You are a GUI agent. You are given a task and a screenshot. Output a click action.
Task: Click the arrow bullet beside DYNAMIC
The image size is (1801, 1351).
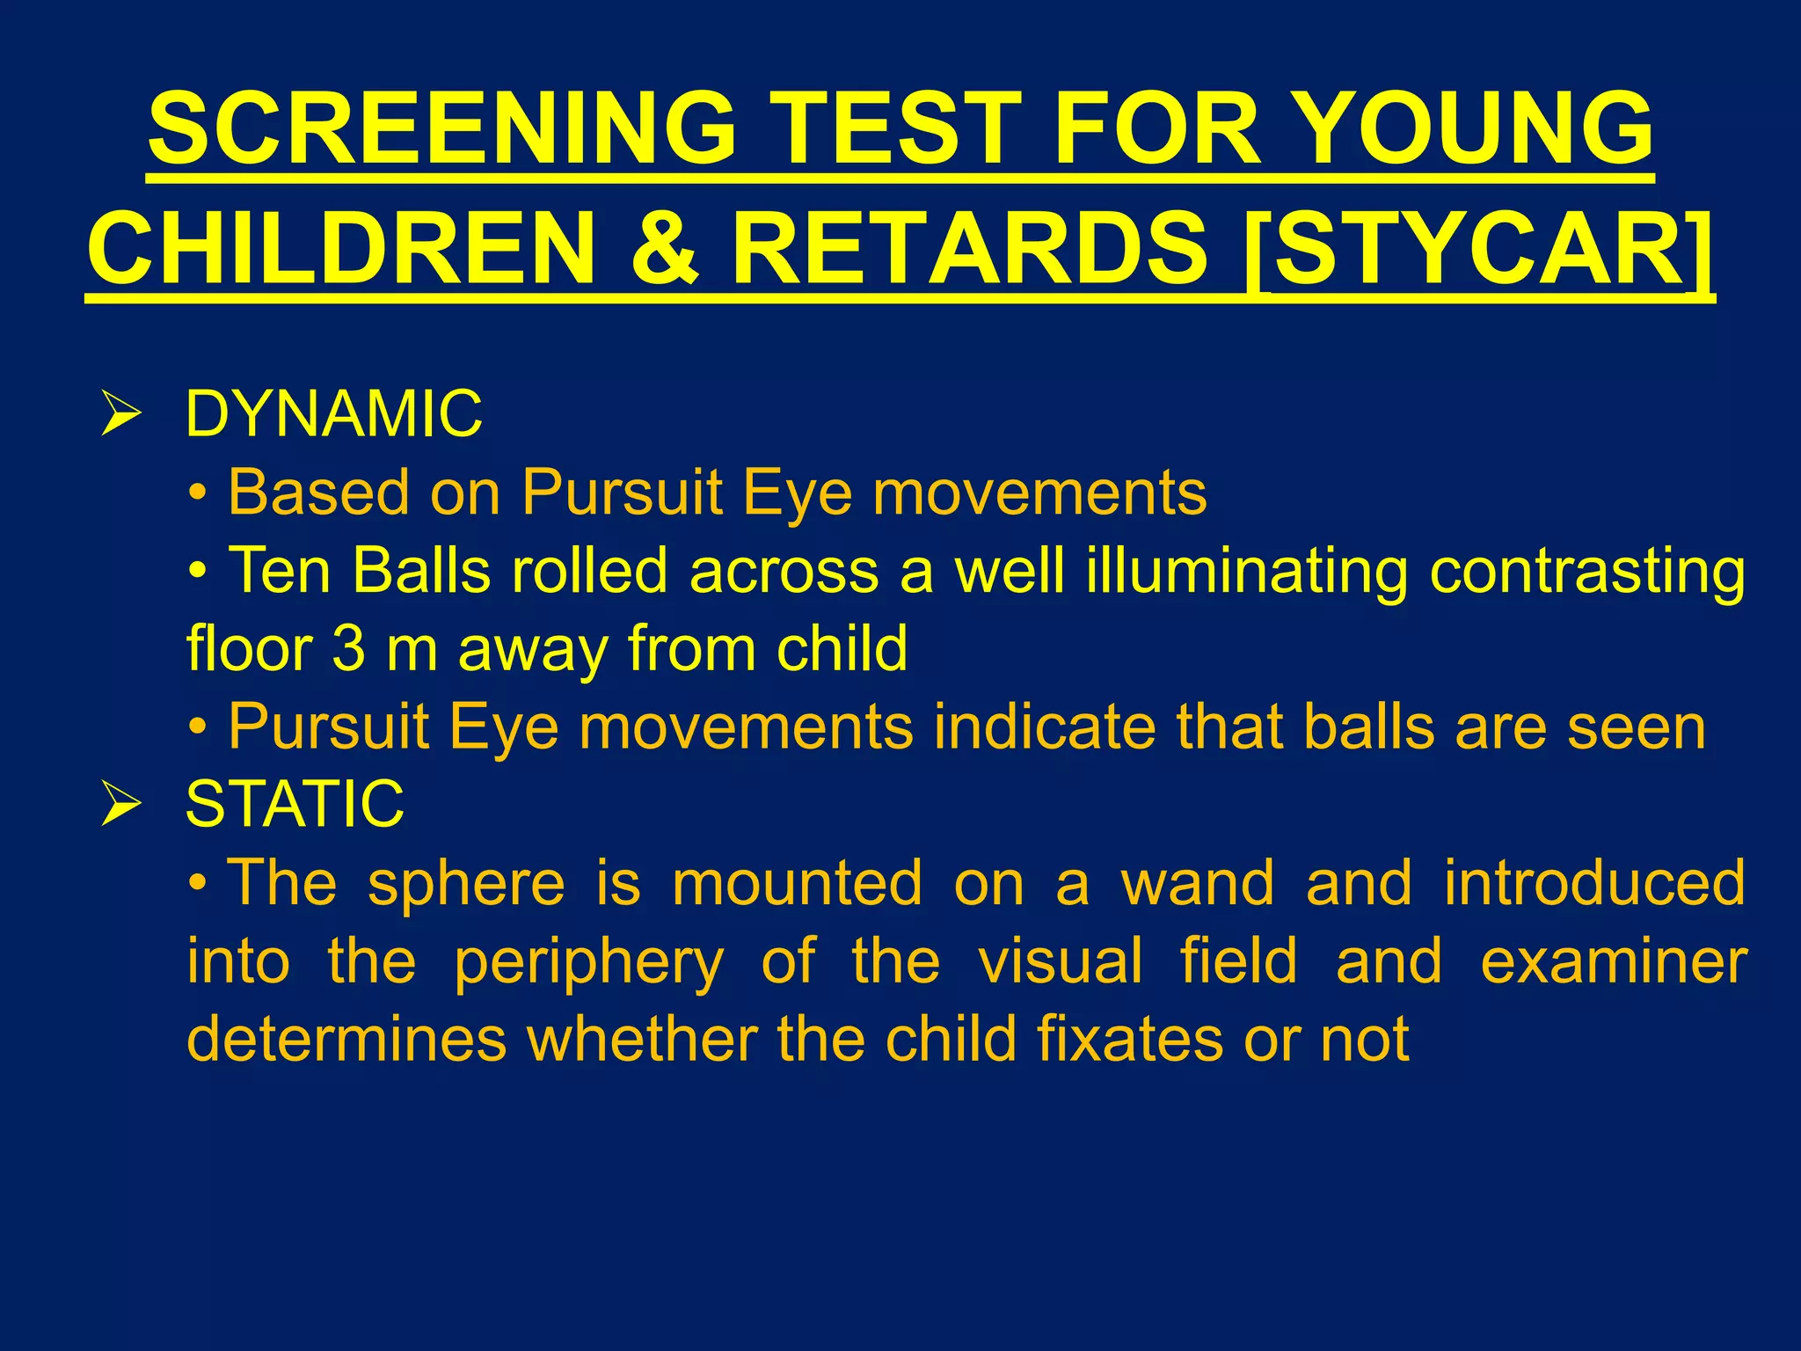(x=120, y=413)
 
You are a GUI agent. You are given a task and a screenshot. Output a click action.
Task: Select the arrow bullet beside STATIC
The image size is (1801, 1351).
(x=120, y=804)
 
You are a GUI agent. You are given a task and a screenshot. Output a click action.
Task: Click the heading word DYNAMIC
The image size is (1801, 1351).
(x=333, y=413)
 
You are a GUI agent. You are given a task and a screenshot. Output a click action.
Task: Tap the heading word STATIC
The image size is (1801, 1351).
(x=295, y=804)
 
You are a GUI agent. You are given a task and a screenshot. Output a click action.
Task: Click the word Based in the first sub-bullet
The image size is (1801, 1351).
(x=318, y=492)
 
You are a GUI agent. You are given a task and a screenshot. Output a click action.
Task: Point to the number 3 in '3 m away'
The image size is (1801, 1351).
(x=348, y=648)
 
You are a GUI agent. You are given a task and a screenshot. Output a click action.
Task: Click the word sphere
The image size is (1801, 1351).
(x=466, y=882)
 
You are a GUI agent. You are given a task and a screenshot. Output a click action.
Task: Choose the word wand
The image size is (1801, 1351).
(x=1197, y=882)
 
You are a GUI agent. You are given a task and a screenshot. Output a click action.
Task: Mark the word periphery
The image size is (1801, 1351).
(x=588, y=962)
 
